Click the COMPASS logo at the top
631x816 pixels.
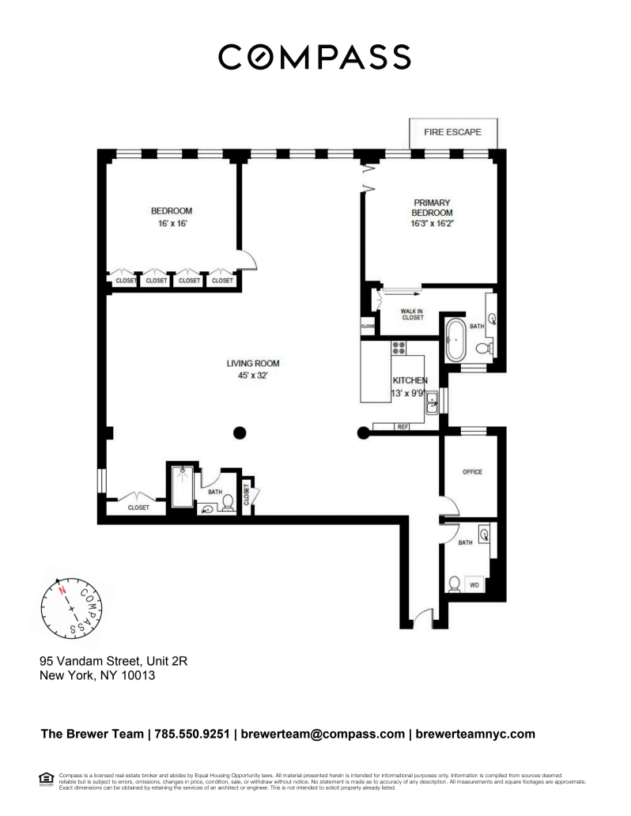(315, 57)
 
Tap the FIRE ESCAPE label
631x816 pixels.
(452, 132)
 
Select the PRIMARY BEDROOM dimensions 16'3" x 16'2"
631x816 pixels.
(432, 224)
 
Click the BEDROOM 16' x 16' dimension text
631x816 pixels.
(172, 224)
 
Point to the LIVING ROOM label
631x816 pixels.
(253, 364)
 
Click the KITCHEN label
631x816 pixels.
(409, 380)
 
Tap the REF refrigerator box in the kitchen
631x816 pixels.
(402, 427)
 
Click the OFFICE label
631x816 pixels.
(472, 472)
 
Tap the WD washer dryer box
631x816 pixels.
(474, 585)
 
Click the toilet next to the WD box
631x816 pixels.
(454, 584)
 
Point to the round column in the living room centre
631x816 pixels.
(240, 432)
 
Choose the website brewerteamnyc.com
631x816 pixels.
(475, 734)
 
